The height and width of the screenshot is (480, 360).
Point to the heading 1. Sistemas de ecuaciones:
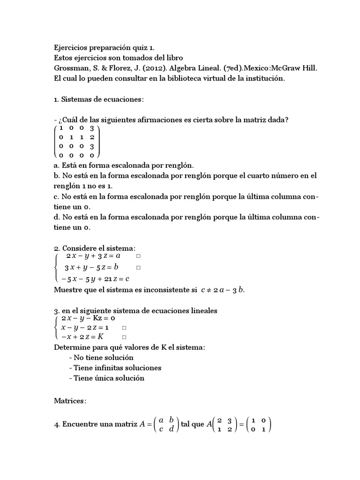(x=99, y=99)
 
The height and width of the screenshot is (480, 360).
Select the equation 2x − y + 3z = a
(x=93, y=256)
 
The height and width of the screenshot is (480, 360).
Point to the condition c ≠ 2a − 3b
(x=223, y=290)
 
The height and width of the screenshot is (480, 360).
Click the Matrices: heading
(x=71, y=401)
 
